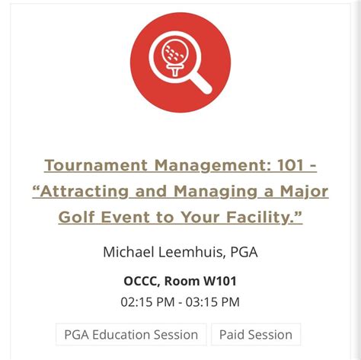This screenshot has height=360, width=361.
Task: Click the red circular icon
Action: [x=180, y=62]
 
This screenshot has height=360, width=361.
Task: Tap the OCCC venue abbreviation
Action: [x=142, y=281]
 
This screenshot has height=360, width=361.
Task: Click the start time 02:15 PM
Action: [x=146, y=301]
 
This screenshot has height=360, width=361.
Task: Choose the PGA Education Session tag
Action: [x=130, y=334]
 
